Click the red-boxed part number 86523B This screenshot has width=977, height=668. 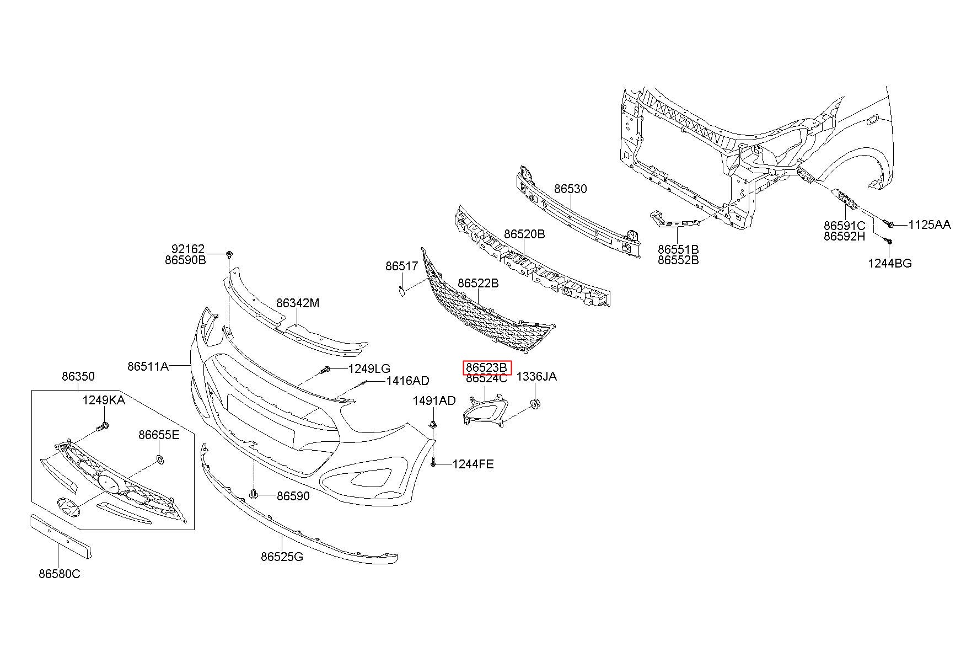coord(487,367)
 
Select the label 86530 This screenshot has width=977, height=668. coord(571,189)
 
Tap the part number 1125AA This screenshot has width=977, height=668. coord(930,225)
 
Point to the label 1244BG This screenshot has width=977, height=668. coord(890,263)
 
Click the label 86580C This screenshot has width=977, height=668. coord(59,574)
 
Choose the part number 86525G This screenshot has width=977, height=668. coord(282,557)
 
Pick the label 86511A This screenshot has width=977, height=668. coord(148,366)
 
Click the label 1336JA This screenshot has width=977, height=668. coord(536,376)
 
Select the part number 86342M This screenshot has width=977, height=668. coord(298,303)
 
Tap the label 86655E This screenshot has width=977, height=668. coord(159,435)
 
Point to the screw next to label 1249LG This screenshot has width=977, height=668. coord(325,370)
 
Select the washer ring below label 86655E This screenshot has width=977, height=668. coord(160,459)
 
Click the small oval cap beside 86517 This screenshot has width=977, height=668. coord(402,288)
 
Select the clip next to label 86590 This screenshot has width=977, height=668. coord(254,494)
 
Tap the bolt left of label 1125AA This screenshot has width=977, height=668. coord(889,224)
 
